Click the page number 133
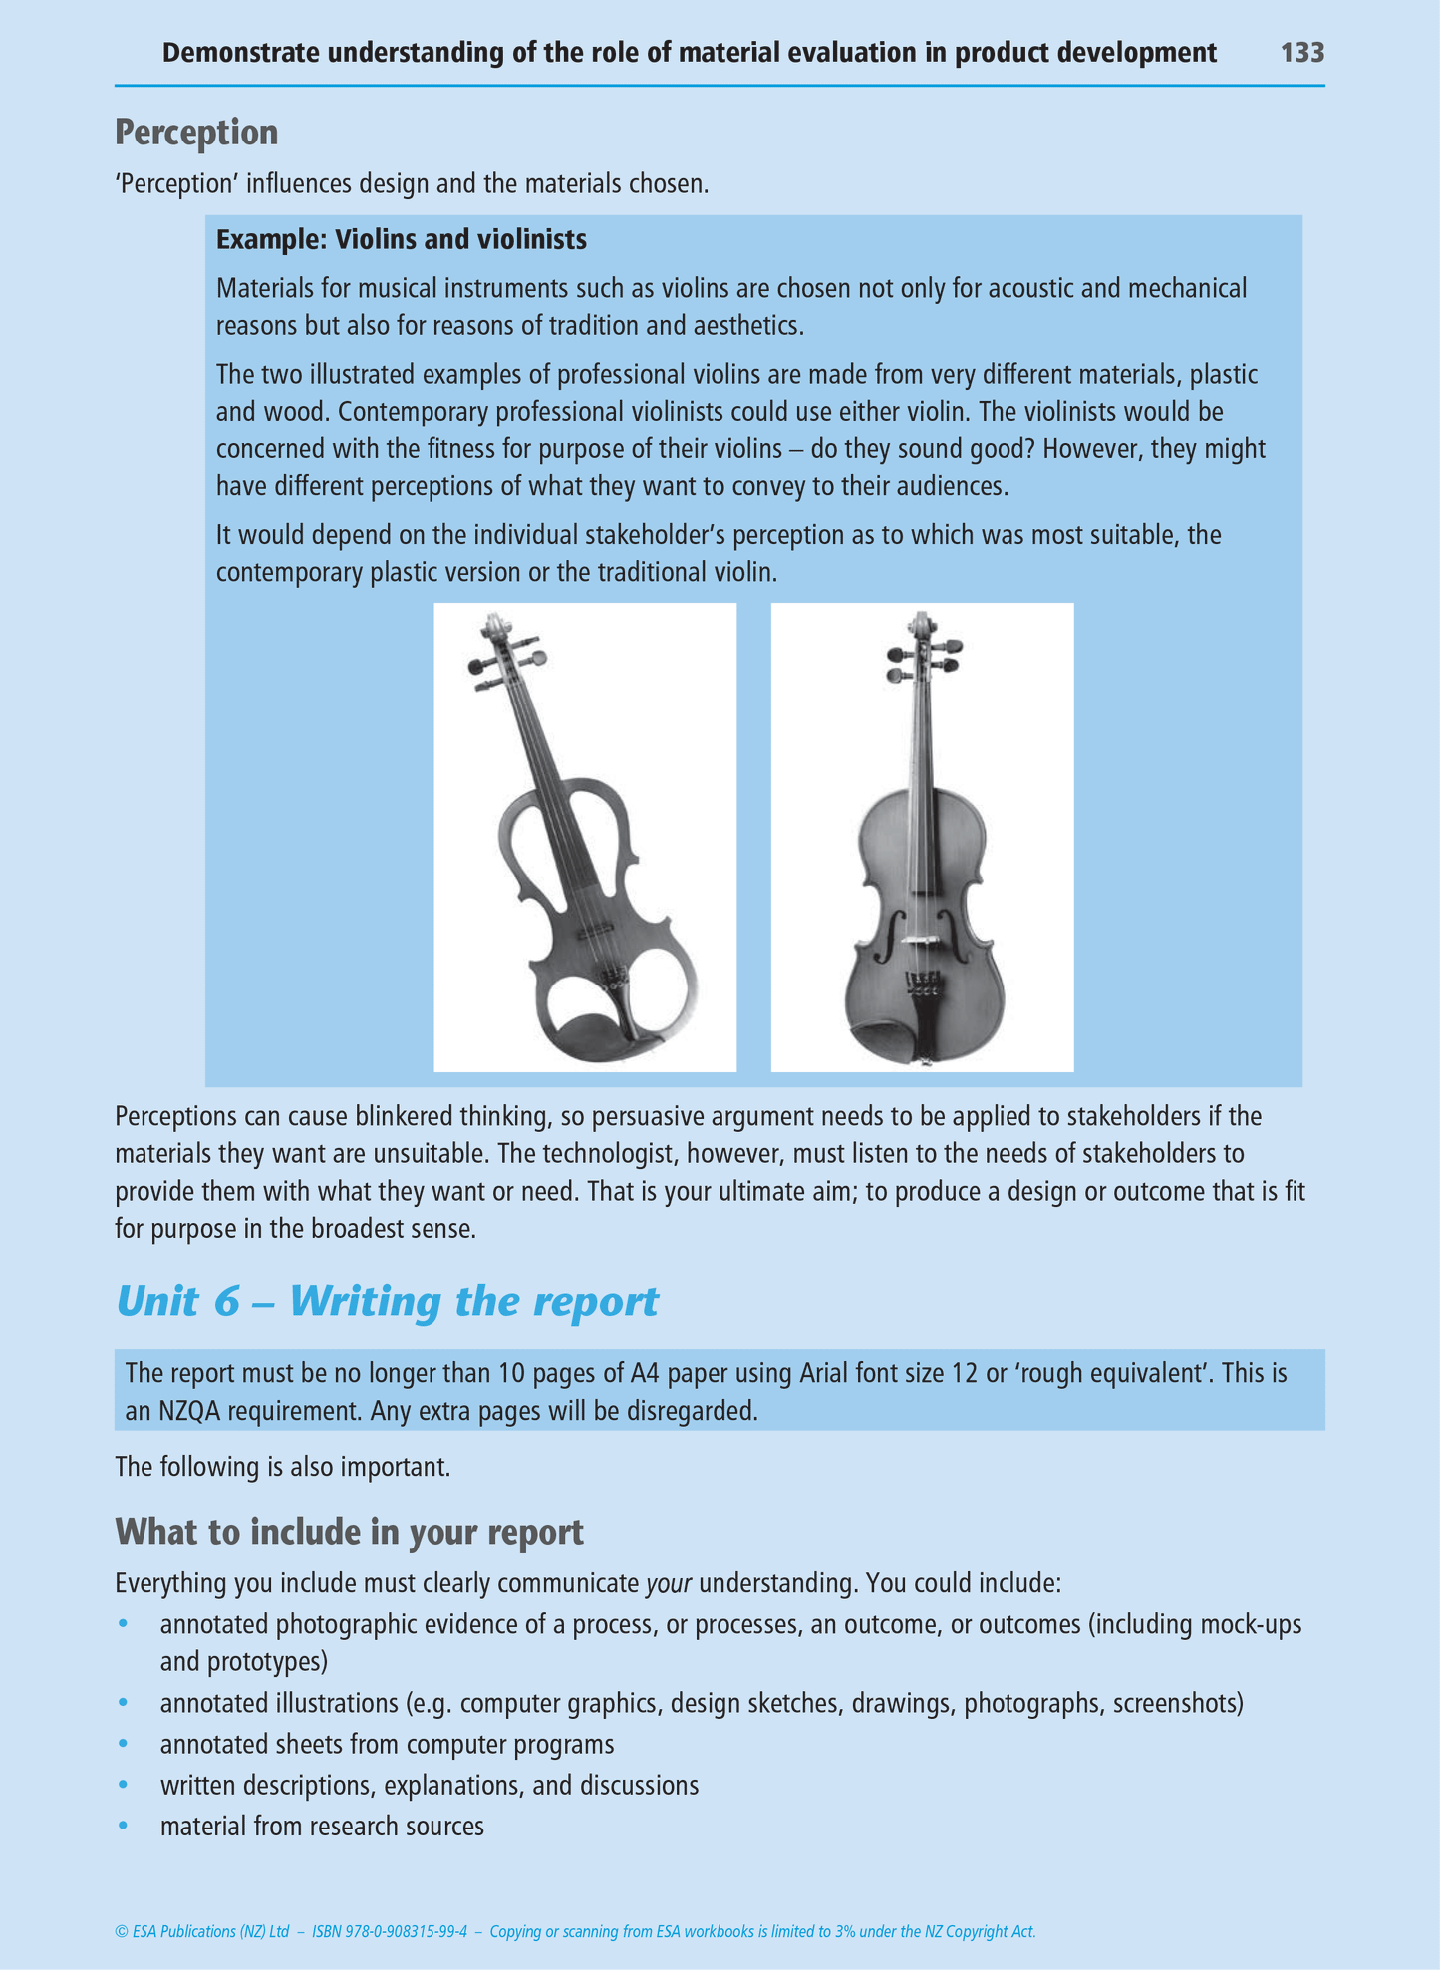[x=1301, y=52]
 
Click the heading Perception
[x=196, y=133]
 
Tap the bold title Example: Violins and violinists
[x=401, y=240]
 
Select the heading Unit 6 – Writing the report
[x=387, y=1301]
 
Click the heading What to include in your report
[x=349, y=1531]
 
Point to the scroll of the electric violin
[x=491, y=629]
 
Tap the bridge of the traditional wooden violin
[x=922, y=939]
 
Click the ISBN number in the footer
[x=390, y=1931]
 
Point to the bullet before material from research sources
[x=124, y=1826]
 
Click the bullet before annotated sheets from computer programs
[x=124, y=1744]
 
